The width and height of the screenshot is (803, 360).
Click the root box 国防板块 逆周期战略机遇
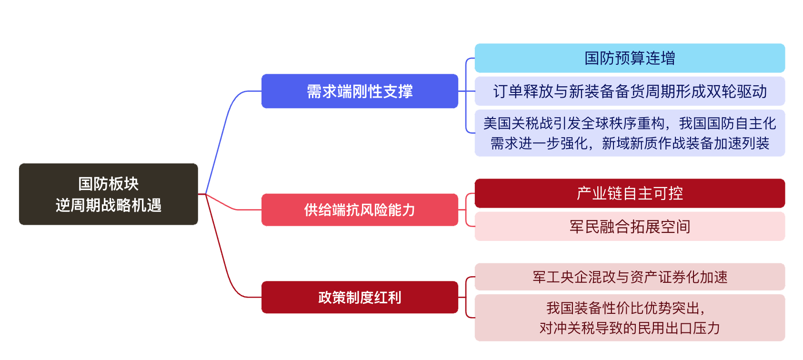pyautogui.click(x=108, y=194)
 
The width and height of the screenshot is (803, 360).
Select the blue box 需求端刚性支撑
pyautogui.click(x=360, y=91)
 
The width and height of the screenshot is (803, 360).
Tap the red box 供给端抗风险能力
pyautogui.click(x=360, y=210)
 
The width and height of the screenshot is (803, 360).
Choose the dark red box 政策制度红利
pyautogui.click(x=360, y=297)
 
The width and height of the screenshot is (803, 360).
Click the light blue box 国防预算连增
pyautogui.click(x=630, y=58)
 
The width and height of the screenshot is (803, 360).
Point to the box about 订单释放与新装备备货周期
pyautogui.click(x=630, y=91)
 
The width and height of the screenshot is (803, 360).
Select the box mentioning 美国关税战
pyautogui.click(x=630, y=133)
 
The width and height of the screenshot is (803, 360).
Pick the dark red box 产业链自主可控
pyautogui.click(x=630, y=193)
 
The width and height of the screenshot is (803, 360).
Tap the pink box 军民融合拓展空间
pyautogui.click(x=630, y=226)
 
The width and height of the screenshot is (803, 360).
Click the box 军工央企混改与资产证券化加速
pyautogui.click(x=630, y=277)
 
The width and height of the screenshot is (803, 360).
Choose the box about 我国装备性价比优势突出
pyautogui.click(x=630, y=318)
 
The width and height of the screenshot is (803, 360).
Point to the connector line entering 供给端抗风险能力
pyautogui.click(x=233, y=208)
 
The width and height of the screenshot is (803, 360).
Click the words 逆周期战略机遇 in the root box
pyautogui.click(x=109, y=205)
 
